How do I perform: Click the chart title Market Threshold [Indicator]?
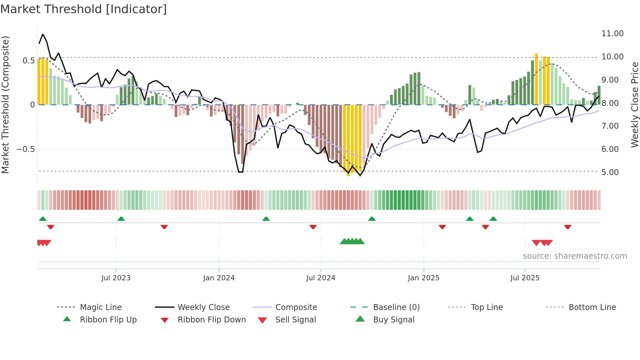[84, 9]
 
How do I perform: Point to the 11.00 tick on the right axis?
[612, 34]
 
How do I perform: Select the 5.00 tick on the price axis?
[610, 172]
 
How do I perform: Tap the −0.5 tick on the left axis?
[25, 149]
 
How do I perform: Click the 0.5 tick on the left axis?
[28, 61]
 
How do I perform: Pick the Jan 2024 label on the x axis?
[219, 278]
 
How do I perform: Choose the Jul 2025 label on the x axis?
[525, 278]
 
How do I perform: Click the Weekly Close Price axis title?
[634, 105]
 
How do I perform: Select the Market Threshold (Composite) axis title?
[5, 105]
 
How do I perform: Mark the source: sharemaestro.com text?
[575, 256]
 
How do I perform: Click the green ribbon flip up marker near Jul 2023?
[121, 219]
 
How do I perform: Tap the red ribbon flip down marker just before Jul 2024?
[313, 227]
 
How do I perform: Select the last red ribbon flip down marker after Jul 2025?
[568, 227]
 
